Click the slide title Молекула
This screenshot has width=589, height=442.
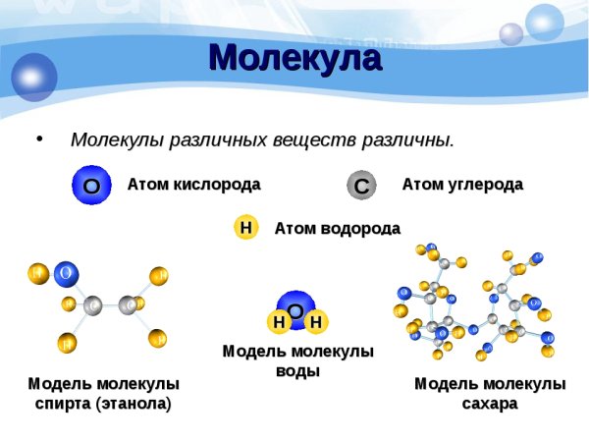tap(294, 59)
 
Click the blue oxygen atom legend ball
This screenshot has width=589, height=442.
tap(91, 185)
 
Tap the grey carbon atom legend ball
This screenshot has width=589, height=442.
tap(361, 185)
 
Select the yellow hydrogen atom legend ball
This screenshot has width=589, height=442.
tap(245, 228)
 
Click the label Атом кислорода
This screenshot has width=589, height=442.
tap(193, 184)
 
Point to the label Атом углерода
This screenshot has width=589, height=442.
tap(462, 184)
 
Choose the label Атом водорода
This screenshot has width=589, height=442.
tap(337, 228)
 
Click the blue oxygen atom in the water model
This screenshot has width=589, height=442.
tap(294, 307)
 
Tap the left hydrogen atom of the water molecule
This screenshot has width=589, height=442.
tap(279, 322)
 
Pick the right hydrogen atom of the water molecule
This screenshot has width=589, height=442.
tap(315, 322)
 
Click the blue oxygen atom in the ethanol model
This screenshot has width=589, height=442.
tap(66, 272)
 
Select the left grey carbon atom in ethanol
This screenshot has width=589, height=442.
tap(93, 306)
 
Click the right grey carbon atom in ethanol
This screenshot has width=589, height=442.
tap(129, 305)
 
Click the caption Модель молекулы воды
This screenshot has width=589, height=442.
tap(297, 360)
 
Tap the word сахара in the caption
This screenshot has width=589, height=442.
tap(489, 403)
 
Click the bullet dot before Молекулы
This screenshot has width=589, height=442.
tap(39, 138)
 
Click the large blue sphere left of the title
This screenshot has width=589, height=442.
tap(34, 77)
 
